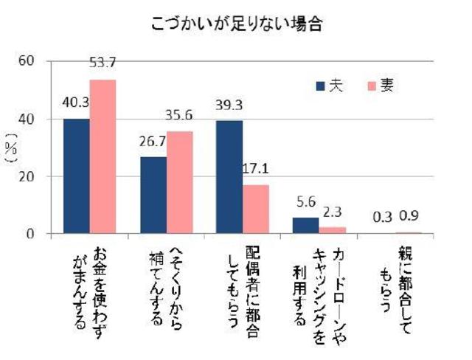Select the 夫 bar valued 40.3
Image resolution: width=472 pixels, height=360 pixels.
point(76,176)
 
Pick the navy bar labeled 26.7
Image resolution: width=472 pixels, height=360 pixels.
point(153,195)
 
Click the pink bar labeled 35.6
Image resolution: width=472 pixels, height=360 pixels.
point(179,182)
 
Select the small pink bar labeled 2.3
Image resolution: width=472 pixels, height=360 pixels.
point(333,230)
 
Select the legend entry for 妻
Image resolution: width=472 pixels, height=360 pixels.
point(381,86)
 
